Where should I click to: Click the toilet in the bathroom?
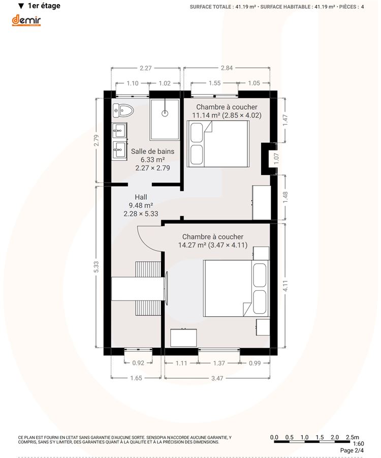coord(123,110)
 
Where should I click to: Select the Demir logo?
coord(26,20)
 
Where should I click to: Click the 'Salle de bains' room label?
coord(152,151)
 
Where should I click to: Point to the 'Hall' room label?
coord(141,197)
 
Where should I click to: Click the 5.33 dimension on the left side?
coord(97,267)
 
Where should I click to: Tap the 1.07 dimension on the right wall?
coord(276,158)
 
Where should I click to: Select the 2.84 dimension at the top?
coord(227,68)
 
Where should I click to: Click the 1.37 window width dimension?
coord(219,363)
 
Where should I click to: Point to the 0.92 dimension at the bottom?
coord(138,363)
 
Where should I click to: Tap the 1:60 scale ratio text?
coord(358,444)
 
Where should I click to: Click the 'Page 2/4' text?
coord(352,450)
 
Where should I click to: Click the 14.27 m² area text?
coord(192,245)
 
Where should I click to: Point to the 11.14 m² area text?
coord(206,115)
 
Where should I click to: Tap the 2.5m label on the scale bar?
coord(353,437)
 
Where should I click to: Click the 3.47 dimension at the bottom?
coord(217,378)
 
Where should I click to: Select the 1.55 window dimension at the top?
coord(214,83)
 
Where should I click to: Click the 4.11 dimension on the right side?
coord(285,286)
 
